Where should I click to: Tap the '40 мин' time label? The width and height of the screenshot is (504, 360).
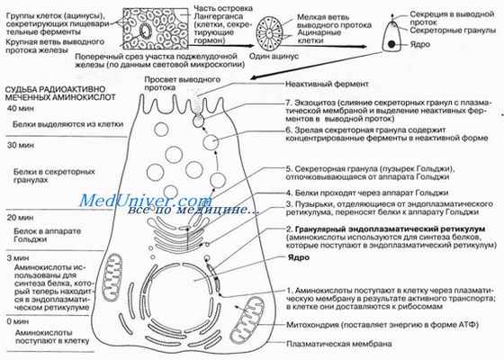tap(19, 108)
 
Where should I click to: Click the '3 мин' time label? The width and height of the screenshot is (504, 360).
tap(16, 258)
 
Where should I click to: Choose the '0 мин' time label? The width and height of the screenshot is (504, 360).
tap(16, 320)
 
